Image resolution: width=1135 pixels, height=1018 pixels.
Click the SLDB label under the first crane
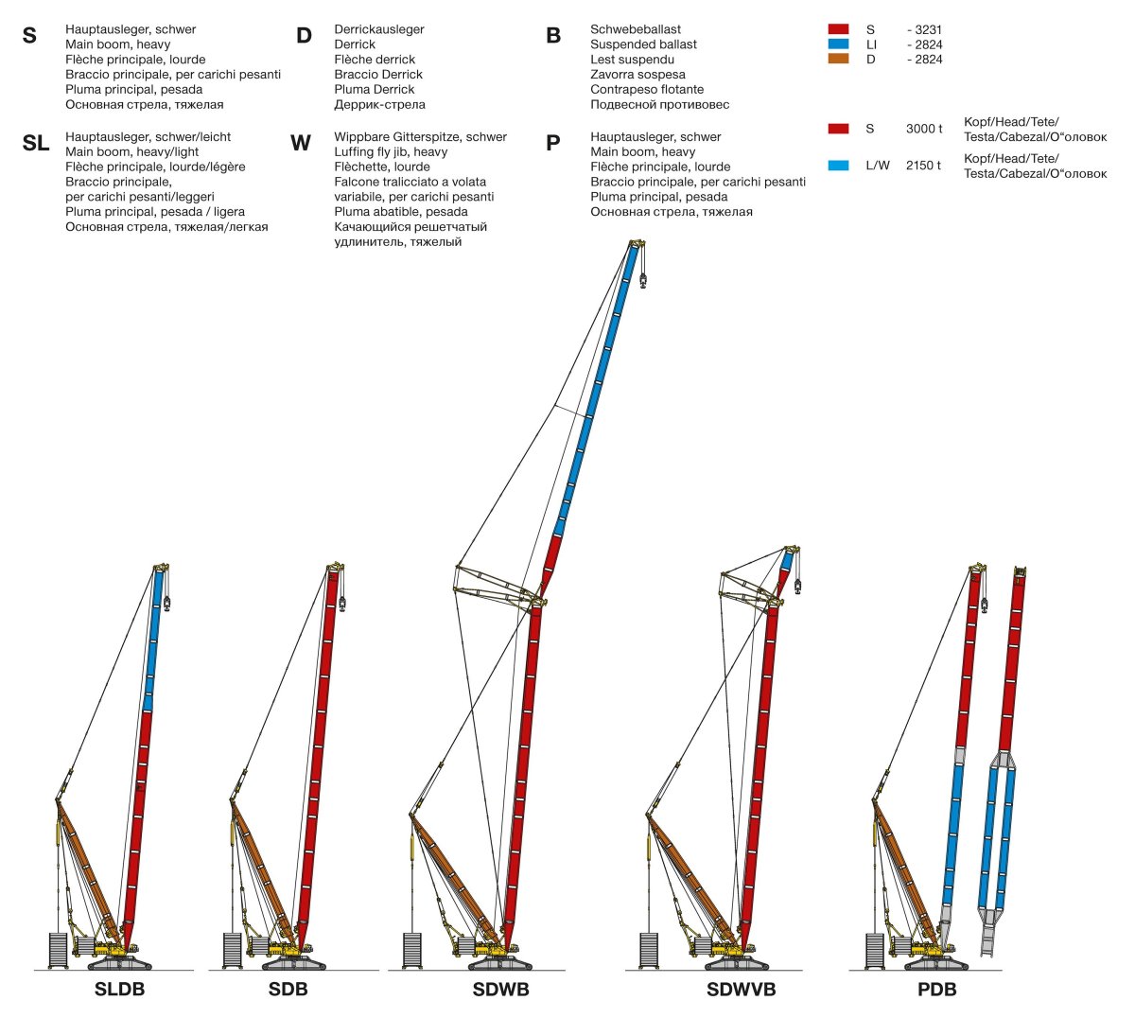point(119,989)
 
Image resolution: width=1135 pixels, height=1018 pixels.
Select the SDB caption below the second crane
point(288,989)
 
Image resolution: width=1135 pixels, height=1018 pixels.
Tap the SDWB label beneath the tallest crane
point(501,989)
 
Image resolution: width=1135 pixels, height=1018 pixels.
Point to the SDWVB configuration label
point(742,989)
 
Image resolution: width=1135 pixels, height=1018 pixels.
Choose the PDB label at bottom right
point(937,989)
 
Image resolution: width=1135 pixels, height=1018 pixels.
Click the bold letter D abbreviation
point(304,35)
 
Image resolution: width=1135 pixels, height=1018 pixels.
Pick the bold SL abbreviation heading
point(36,143)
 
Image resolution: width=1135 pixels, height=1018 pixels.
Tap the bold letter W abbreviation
point(300,143)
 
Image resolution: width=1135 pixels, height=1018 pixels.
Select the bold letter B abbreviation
point(553,35)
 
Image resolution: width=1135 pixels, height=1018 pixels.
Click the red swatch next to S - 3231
point(838,29)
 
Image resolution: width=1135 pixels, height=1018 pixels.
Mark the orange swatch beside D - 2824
point(838,59)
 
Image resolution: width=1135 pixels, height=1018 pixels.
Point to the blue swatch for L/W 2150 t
point(838,166)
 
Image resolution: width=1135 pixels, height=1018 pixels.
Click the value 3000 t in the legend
point(924,129)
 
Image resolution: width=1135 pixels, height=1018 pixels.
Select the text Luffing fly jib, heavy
point(391,151)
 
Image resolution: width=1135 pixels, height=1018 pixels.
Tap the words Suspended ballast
point(644,44)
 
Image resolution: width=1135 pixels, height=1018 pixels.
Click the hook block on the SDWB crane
point(643,280)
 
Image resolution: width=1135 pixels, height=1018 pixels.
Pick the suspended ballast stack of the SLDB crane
point(59,950)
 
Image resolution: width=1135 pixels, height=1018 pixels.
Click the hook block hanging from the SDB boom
point(342,605)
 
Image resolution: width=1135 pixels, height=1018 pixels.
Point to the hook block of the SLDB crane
point(166,604)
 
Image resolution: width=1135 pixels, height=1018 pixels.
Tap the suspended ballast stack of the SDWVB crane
point(649,950)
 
